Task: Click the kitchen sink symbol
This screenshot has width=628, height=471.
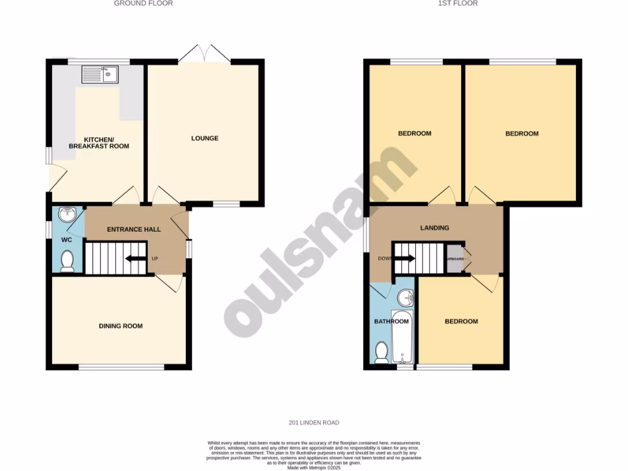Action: tap(101, 75)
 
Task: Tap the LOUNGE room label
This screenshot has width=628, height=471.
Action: tap(204, 138)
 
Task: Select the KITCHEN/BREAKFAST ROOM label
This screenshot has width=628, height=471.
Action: tap(98, 142)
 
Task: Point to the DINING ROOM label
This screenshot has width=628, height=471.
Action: tap(120, 326)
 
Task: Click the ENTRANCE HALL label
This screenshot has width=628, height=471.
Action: tap(134, 229)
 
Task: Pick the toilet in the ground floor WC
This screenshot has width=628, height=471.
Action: tap(67, 261)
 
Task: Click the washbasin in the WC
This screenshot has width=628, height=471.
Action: tap(67, 215)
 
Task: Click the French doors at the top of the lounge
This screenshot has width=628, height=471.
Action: tap(204, 53)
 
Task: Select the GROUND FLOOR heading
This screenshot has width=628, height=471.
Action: tap(144, 3)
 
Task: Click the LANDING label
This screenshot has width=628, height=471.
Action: tap(434, 228)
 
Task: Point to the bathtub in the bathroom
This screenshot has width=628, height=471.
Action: tap(403, 337)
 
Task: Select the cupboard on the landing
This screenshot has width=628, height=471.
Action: tap(455, 258)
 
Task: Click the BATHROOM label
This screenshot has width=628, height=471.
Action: tap(391, 321)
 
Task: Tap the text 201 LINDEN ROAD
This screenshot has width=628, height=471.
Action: tap(313, 423)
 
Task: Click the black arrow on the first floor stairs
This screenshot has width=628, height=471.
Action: tap(404, 258)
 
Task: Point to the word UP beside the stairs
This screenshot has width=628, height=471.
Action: tap(155, 258)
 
